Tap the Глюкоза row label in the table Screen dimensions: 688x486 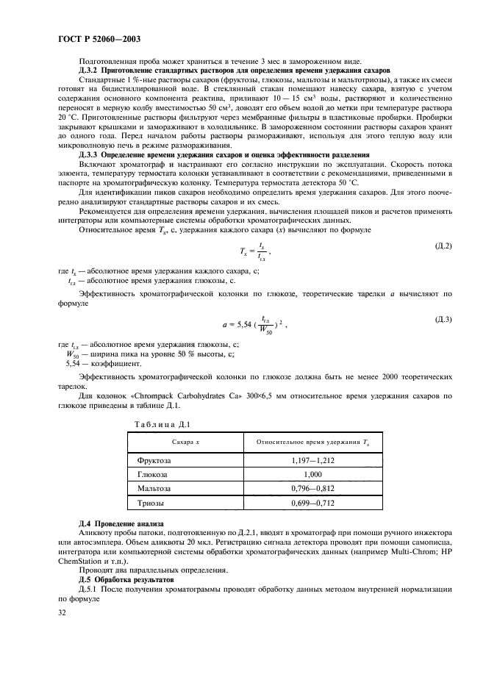(153, 474)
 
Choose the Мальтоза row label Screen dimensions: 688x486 (154, 488)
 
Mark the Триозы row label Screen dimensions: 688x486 (151, 503)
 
